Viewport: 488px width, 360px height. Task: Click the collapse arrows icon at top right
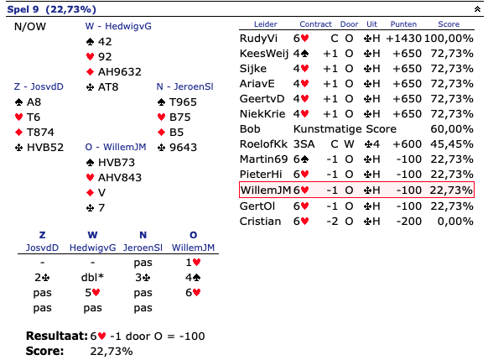477,9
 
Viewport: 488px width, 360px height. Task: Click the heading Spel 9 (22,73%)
51,9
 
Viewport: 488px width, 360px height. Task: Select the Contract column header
315,24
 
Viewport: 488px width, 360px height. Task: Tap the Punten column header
403,24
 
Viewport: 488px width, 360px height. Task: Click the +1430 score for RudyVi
403,39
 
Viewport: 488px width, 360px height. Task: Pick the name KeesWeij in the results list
264,54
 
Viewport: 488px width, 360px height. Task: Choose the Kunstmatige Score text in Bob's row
345,129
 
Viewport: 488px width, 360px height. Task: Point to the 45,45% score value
452,144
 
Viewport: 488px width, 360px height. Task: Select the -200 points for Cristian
409,222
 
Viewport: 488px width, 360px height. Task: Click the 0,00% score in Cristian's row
455,222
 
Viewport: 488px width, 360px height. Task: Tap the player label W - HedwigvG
118,26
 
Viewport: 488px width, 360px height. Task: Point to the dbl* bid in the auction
92,277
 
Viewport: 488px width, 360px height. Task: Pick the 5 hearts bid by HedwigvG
92,292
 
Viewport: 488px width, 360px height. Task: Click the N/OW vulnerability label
30,27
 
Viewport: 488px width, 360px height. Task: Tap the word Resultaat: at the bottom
57,336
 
